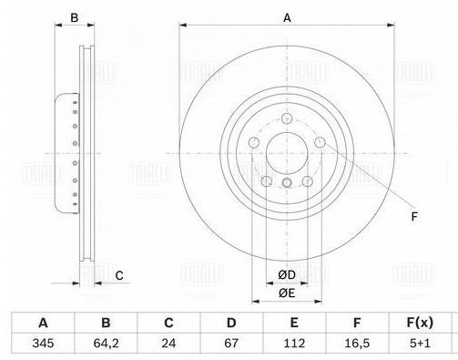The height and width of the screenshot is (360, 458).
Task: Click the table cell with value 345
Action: (x=43, y=344)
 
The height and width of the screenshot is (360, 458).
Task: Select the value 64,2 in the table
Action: (x=106, y=344)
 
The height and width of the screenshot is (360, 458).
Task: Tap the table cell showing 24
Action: (x=168, y=344)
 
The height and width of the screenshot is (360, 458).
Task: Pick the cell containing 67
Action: (x=231, y=344)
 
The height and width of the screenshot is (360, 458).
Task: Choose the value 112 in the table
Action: (x=294, y=344)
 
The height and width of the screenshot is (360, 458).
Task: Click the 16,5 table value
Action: (x=357, y=344)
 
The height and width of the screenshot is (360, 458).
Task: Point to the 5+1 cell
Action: (x=420, y=344)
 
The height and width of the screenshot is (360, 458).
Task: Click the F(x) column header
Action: (x=420, y=323)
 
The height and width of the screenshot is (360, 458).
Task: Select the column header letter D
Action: (x=231, y=323)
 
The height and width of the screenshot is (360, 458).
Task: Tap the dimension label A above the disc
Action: (x=287, y=18)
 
